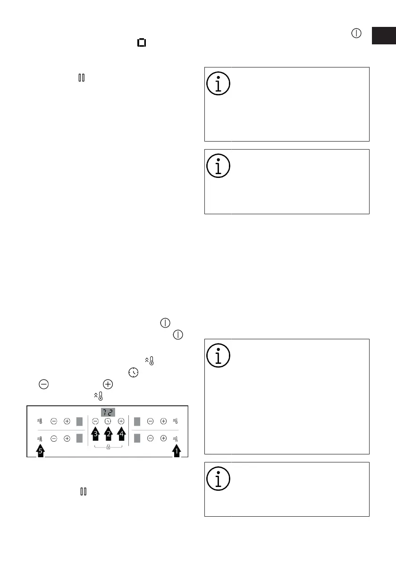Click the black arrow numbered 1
[177, 451]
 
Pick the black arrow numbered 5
[41, 451]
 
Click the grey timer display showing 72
[108, 412]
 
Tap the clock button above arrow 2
[108, 421]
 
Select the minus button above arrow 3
[95, 421]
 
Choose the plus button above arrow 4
[121, 421]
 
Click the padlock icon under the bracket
[108, 447]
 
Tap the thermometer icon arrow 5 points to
[40, 438]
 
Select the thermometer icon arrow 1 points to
[176, 438]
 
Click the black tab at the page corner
[383, 36]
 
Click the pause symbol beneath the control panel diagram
[83, 492]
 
